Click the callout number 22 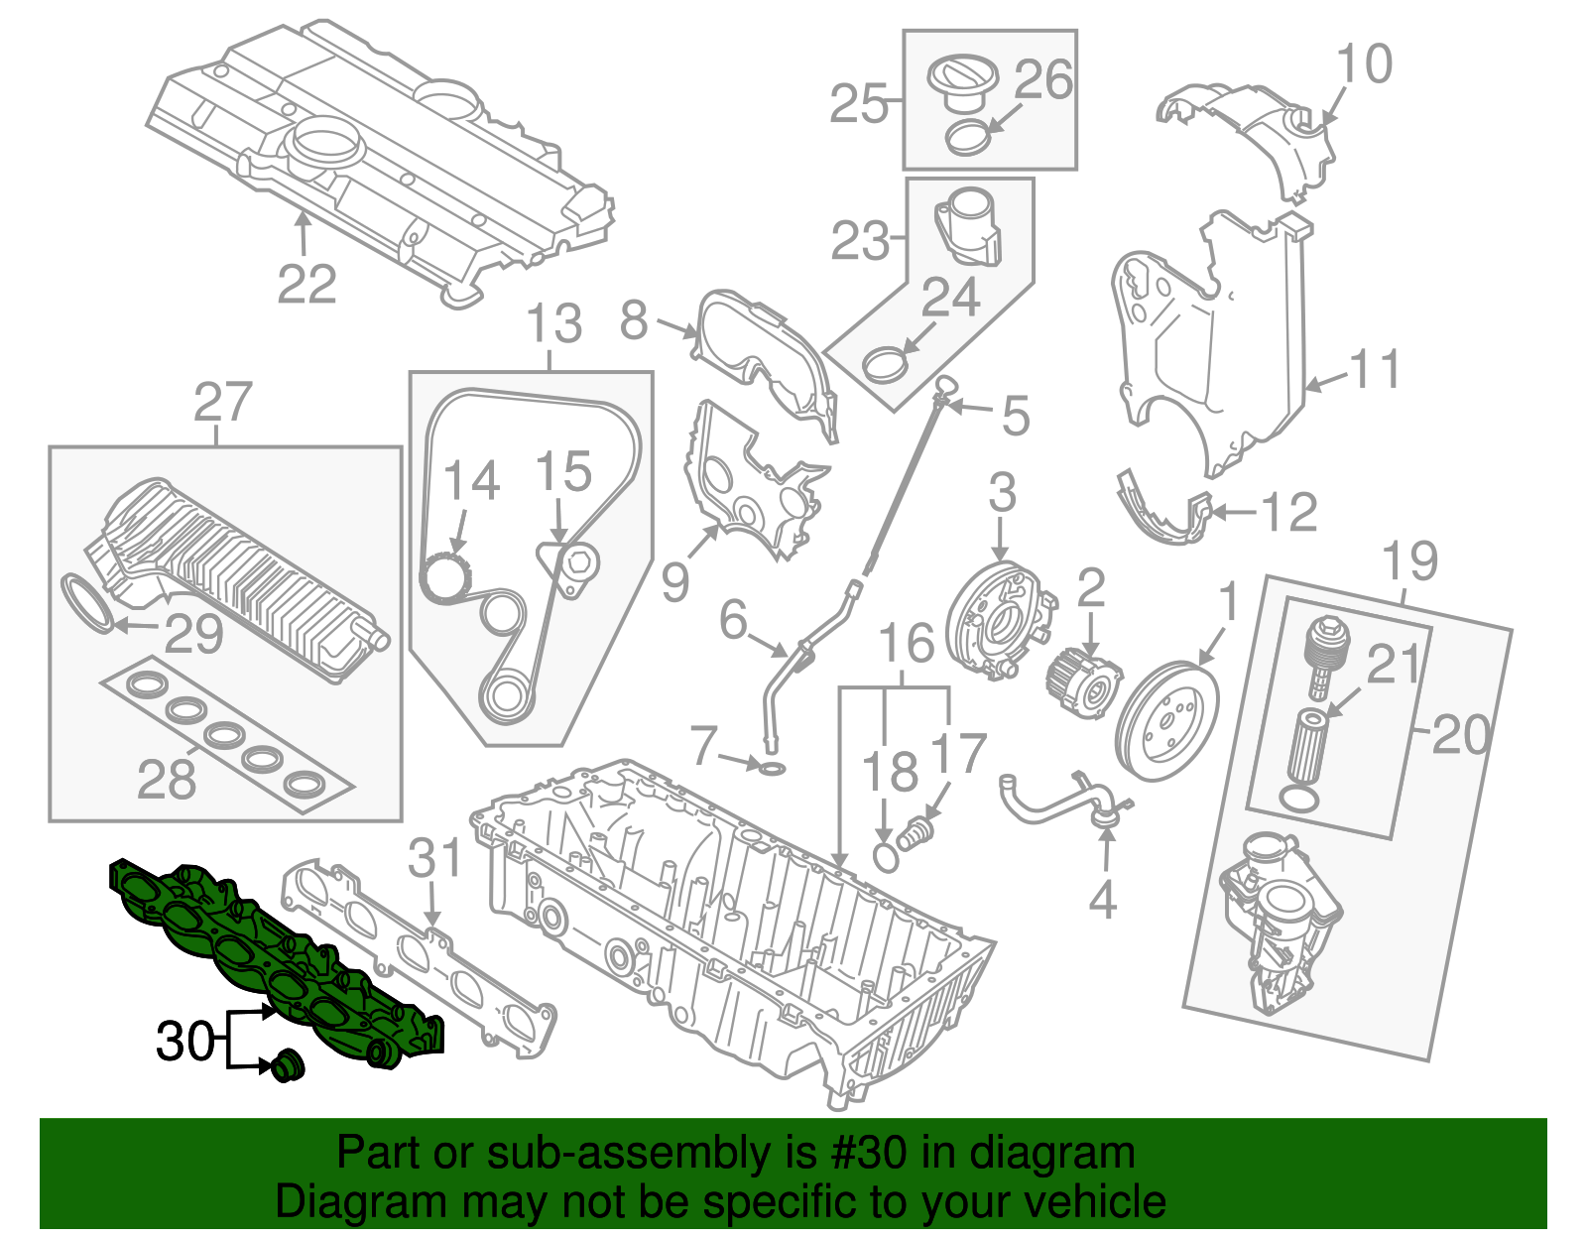[x=306, y=285]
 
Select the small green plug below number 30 [x=289, y=1065]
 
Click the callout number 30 [x=184, y=1042]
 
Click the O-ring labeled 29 [x=87, y=601]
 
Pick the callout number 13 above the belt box [x=553, y=324]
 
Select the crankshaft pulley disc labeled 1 [x=1167, y=721]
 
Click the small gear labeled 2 [x=1084, y=681]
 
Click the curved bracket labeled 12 [x=1160, y=511]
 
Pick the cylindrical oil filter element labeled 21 [x=1309, y=745]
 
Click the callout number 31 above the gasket [x=435, y=858]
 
